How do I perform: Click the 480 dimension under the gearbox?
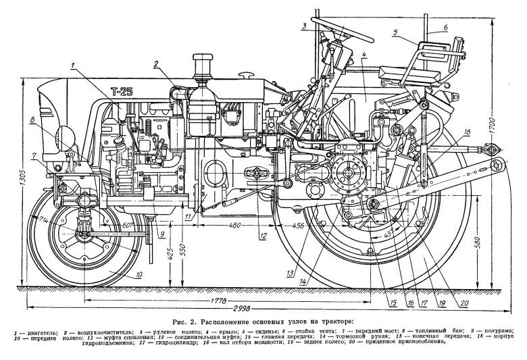click(234, 225)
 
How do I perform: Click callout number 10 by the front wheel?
click(138, 274)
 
